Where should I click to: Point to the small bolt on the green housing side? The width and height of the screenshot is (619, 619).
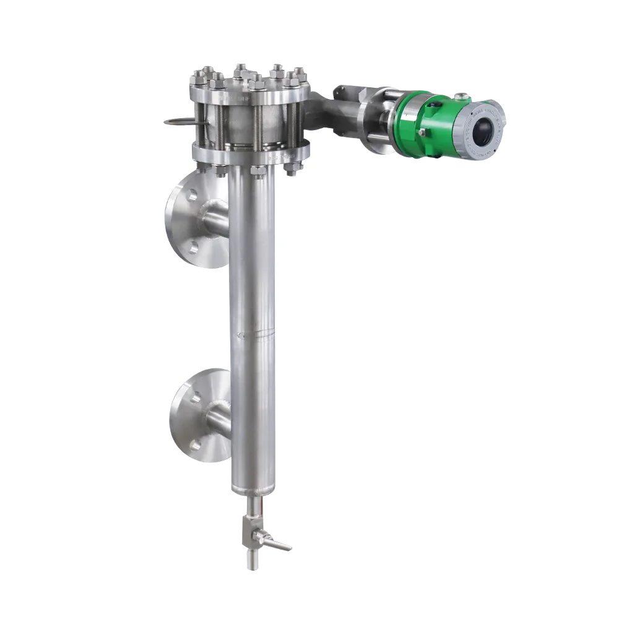pos(422,132)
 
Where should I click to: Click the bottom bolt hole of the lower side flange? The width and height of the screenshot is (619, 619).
pos(197,443)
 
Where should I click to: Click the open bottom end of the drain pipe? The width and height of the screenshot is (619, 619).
pos(252,565)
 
